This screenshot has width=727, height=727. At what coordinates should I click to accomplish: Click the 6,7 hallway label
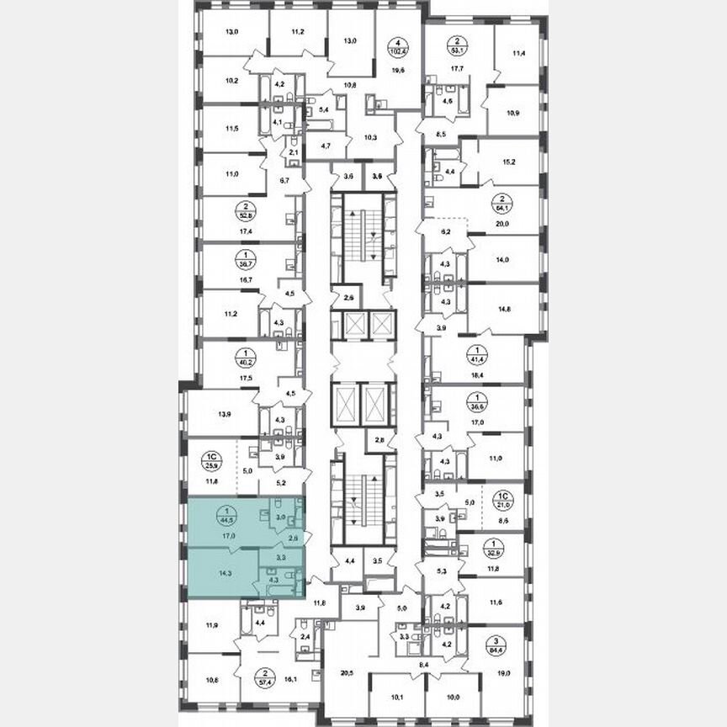284,180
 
